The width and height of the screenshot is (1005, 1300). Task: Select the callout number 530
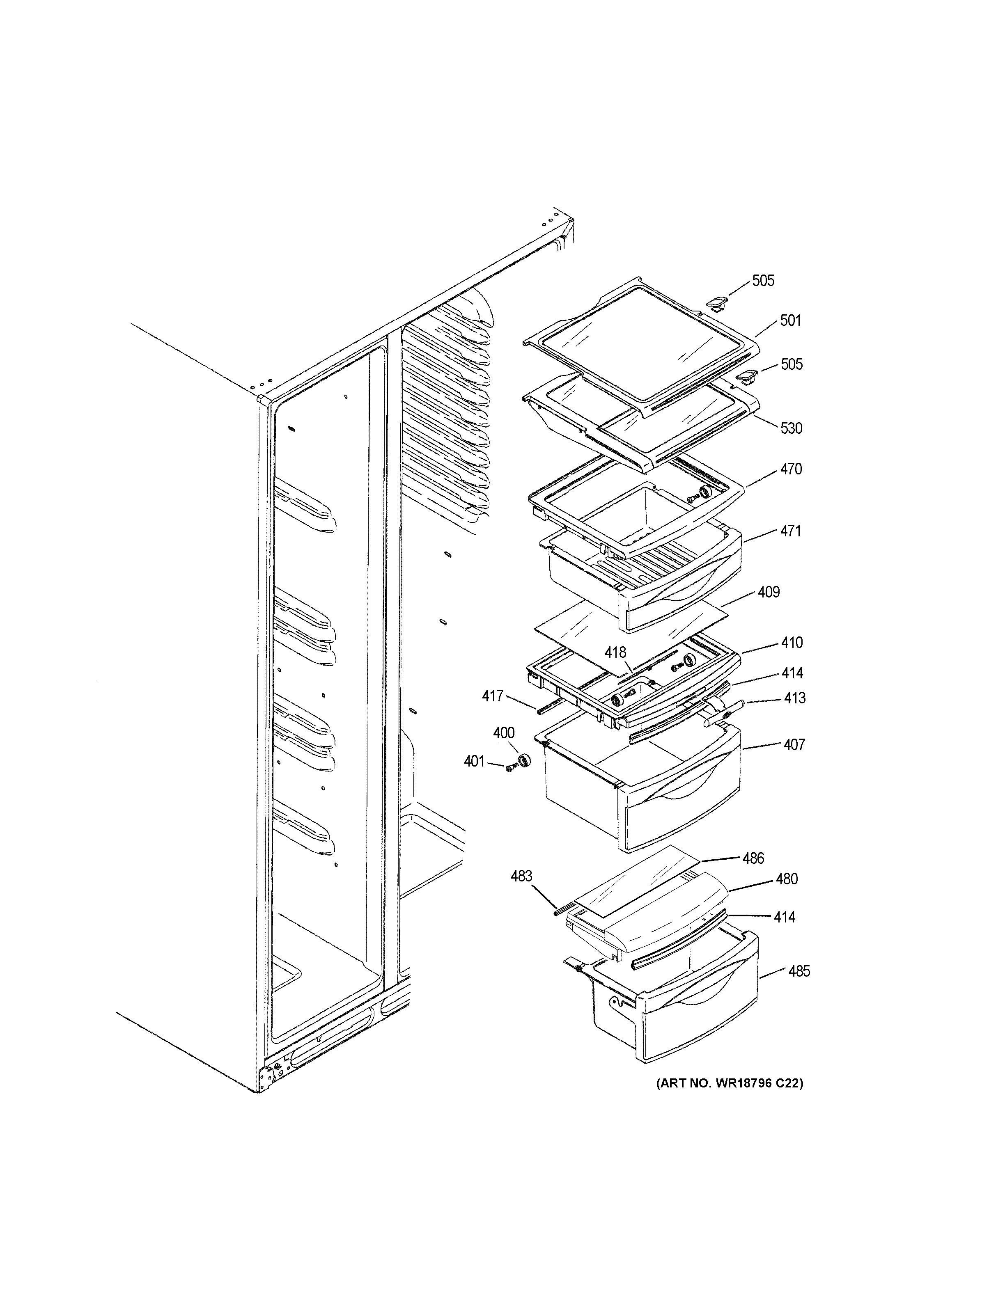[x=791, y=428]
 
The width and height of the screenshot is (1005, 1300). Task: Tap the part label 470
[x=791, y=469]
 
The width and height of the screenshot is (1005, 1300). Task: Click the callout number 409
[x=769, y=592]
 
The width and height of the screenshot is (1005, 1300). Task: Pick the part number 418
[x=616, y=653]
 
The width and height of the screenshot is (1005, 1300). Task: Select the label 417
[x=492, y=696]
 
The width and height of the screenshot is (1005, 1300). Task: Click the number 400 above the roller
[x=504, y=733]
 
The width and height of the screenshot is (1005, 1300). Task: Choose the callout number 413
[x=794, y=698]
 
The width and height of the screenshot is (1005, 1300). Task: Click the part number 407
[x=794, y=745]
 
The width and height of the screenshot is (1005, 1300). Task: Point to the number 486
[x=753, y=858]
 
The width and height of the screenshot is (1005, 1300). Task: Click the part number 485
[x=799, y=971]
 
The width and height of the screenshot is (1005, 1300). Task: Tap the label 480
[x=787, y=879]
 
